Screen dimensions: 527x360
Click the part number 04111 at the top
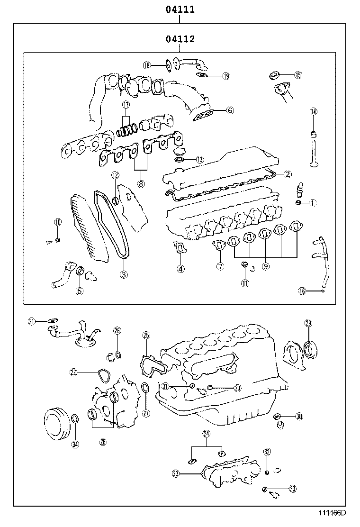click(180, 9)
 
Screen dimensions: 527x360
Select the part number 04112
click(180, 39)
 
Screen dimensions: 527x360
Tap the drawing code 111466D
click(331, 513)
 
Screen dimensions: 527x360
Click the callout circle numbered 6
click(230, 110)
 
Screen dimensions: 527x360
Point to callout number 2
click(288, 174)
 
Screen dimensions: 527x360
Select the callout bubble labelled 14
click(313, 112)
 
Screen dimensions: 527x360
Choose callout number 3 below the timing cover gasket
click(123, 274)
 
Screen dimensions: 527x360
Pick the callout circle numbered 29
click(308, 323)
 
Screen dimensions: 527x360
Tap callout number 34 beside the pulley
click(75, 444)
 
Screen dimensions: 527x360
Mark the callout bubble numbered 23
click(176, 472)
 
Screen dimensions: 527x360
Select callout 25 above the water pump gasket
click(146, 336)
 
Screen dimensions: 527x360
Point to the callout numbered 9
click(265, 267)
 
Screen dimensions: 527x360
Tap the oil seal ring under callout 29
click(311, 351)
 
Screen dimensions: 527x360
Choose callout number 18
click(146, 65)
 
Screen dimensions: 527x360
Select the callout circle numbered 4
click(180, 269)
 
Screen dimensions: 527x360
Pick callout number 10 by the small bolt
click(57, 222)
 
